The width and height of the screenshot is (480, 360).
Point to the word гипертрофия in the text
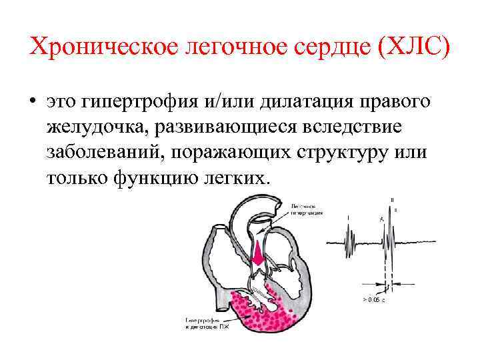139,102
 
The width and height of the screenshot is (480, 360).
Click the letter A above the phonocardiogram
381,218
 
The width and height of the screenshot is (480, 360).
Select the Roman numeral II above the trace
392,199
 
